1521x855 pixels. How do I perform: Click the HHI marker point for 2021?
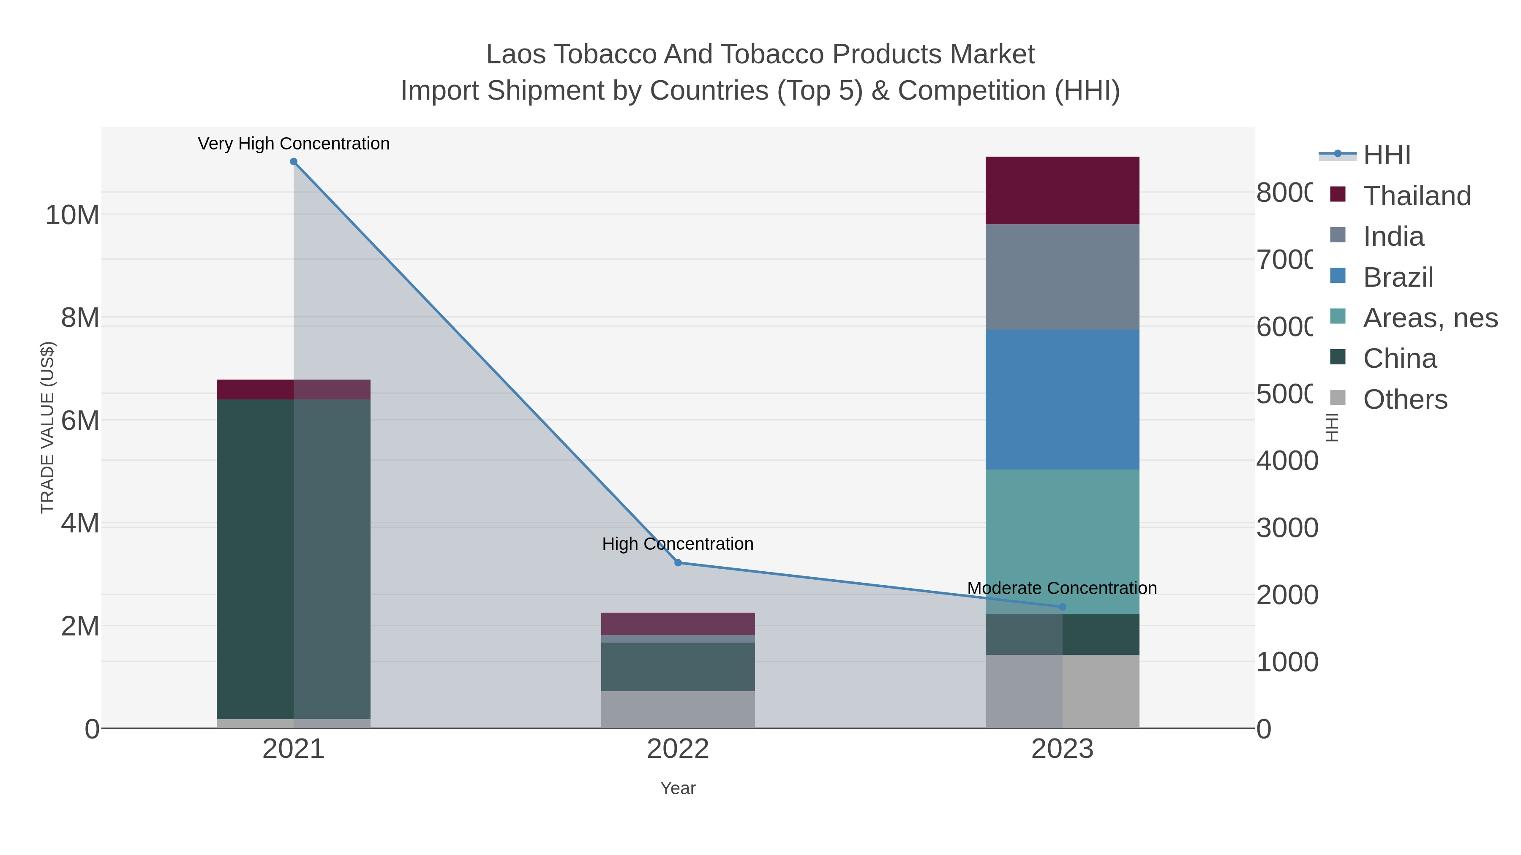tap(294, 162)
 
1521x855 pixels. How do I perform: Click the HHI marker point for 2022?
tap(678, 563)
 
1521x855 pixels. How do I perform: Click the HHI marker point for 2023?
tap(1062, 607)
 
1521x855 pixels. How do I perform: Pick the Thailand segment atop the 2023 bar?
tap(1062, 190)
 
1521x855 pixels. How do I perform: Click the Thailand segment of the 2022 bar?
tap(678, 624)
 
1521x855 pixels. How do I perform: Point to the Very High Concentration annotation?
tap(294, 144)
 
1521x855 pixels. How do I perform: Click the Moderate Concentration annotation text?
tap(1062, 588)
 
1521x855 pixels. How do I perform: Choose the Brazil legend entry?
tap(1398, 277)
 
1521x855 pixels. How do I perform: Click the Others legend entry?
tap(1405, 399)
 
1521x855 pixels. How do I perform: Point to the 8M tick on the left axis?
tap(80, 318)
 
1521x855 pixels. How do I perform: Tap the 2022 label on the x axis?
tap(678, 749)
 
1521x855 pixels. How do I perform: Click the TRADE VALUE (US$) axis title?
tap(47, 427)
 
